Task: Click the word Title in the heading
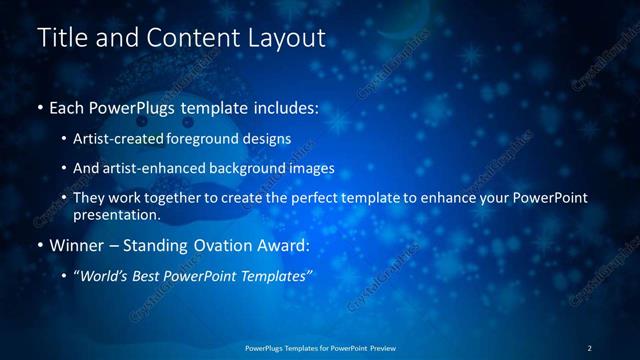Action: pos(61,38)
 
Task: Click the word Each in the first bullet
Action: pos(67,106)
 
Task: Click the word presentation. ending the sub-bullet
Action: pos(116,214)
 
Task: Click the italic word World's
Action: pos(101,275)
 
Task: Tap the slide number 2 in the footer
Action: pos(589,348)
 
